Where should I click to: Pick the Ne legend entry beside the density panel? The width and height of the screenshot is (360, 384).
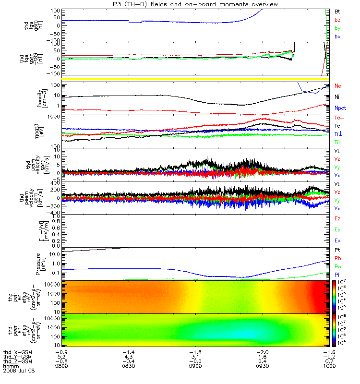point(337,86)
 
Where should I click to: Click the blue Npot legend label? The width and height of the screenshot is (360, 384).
point(340,109)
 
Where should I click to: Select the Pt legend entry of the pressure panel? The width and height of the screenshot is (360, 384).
point(337,251)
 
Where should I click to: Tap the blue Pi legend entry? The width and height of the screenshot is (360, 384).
point(337,275)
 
